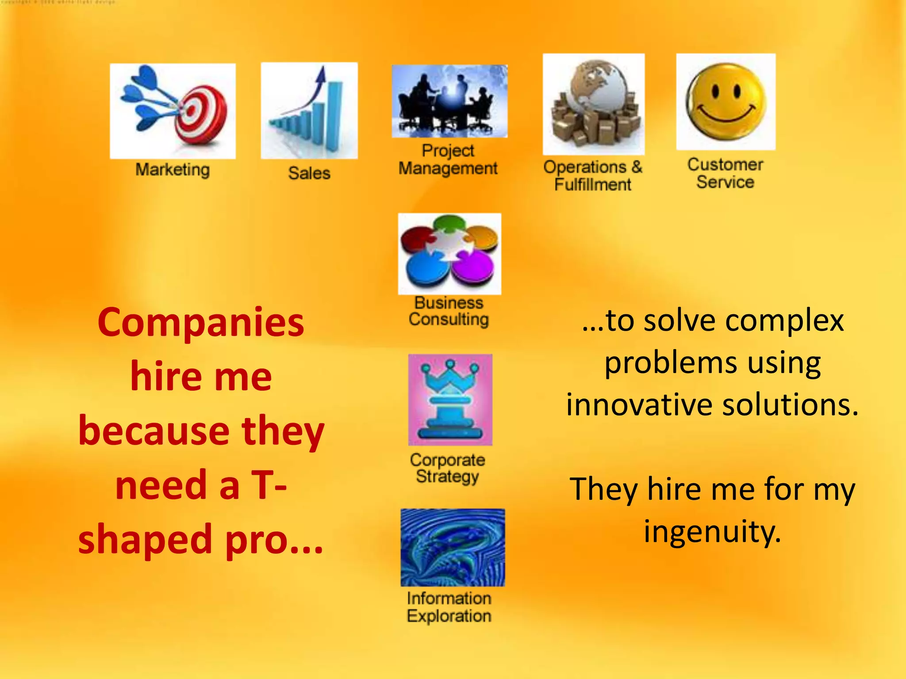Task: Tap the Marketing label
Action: click(x=173, y=170)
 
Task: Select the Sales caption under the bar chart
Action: click(x=309, y=173)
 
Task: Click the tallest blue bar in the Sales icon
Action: click(x=334, y=115)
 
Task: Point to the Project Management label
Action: click(x=448, y=160)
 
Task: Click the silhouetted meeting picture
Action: click(x=449, y=101)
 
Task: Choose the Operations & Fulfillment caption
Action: click(x=593, y=175)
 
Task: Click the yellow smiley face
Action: click(x=726, y=99)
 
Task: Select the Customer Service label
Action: click(x=725, y=173)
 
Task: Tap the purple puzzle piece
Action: click(x=473, y=267)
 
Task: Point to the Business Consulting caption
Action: click(x=449, y=311)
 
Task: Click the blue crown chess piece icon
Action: click(x=450, y=400)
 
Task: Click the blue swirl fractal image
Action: click(x=453, y=547)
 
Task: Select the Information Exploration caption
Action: click(x=449, y=607)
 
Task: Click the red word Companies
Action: click(x=201, y=323)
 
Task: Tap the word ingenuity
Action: click(x=712, y=532)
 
